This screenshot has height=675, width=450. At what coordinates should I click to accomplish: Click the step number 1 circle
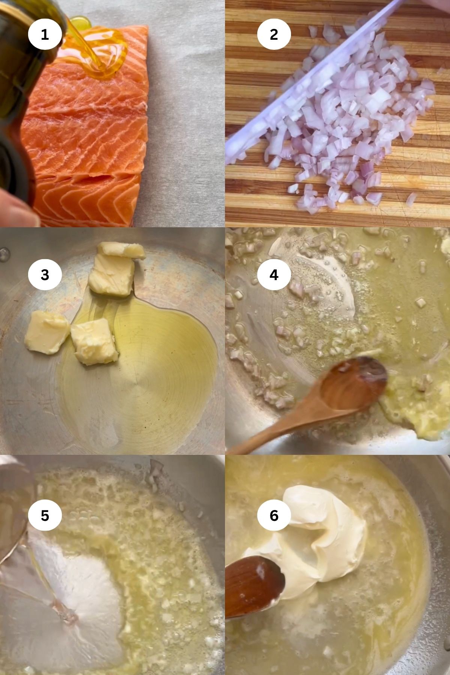[x=45, y=34]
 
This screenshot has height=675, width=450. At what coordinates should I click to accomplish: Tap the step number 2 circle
[x=274, y=34]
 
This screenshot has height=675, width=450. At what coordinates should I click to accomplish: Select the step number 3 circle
[x=45, y=275]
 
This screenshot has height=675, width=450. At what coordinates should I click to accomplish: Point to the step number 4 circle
[x=274, y=275]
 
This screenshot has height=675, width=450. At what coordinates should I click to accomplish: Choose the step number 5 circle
[x=45, y=516]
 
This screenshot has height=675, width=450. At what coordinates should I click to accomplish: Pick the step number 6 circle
[x=274, y=516]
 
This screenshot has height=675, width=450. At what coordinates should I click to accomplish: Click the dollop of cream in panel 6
[x=319, y=532]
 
